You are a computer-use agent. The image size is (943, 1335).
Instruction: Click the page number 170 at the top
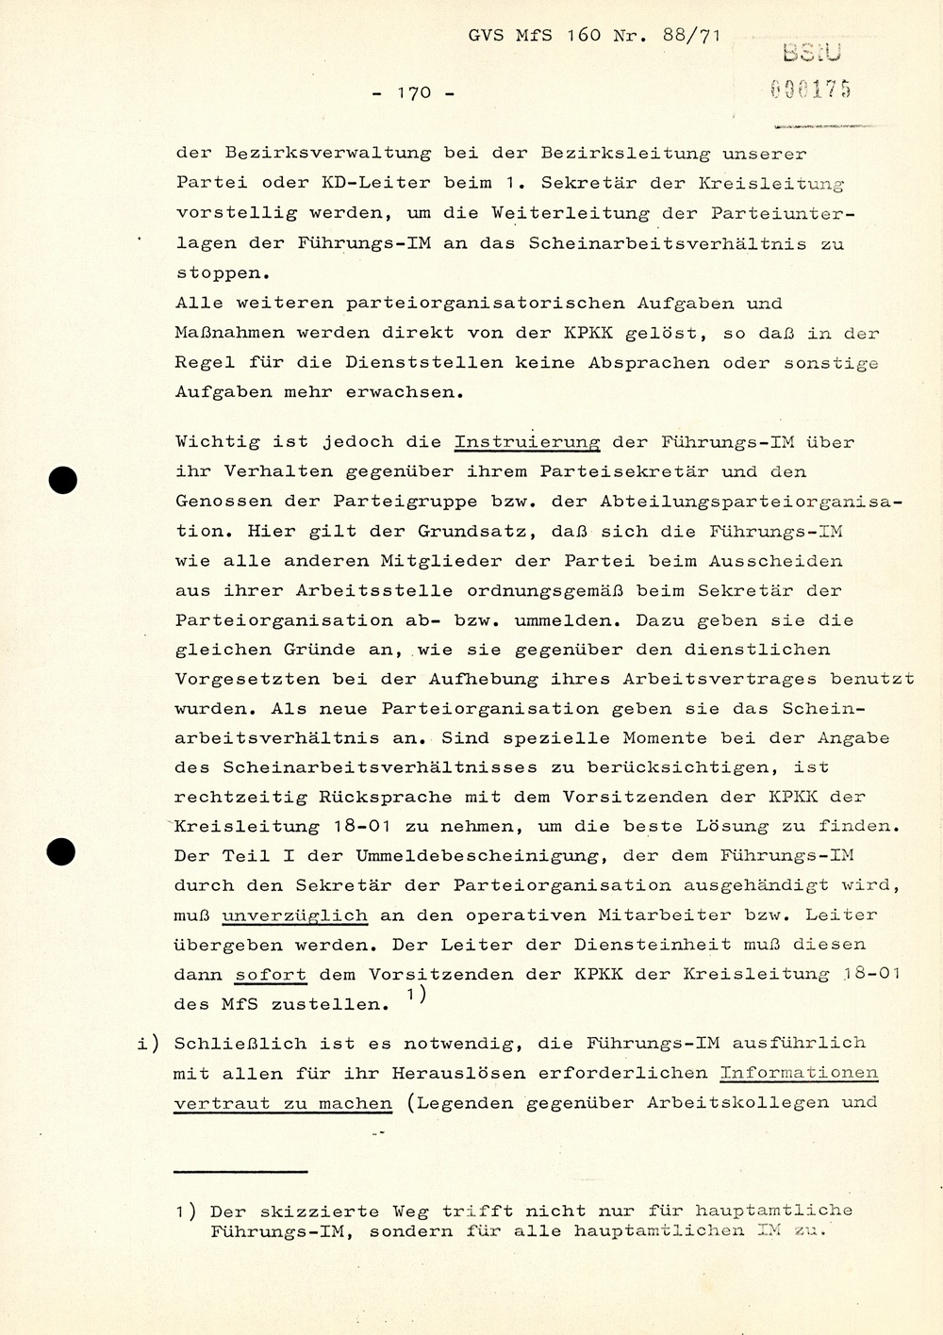413,92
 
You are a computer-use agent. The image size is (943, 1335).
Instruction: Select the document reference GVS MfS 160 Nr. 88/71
594,38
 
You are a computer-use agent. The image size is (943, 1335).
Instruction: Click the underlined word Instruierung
527,442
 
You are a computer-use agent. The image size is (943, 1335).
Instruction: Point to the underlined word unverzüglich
294,915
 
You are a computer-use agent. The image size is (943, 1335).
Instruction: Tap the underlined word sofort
272,974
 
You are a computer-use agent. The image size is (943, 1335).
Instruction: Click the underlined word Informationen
799,1072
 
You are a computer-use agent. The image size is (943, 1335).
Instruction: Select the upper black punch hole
62,481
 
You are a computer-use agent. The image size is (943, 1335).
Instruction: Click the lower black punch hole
62,852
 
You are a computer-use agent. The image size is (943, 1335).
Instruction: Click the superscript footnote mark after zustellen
417,995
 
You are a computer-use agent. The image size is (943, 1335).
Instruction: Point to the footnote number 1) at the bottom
186,1211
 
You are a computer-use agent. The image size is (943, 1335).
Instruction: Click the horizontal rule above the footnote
241,1172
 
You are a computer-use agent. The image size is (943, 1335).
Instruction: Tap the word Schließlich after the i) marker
238,1043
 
